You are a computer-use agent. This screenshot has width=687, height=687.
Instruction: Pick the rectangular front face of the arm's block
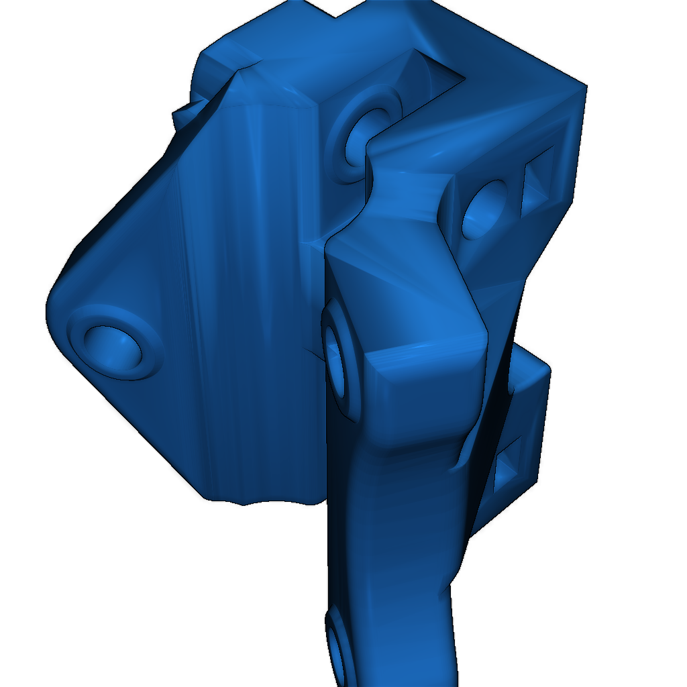coord(423,403)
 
